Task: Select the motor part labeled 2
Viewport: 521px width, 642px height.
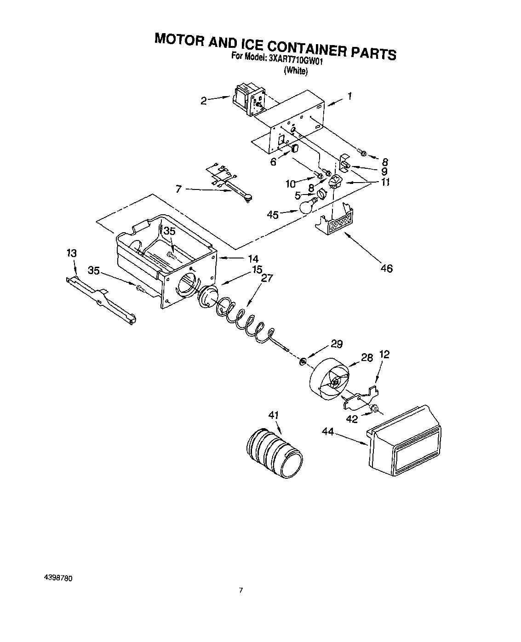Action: [x=248, y=100]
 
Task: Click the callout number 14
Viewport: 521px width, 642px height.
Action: [x=252, y=258]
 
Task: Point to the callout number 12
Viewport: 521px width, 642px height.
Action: [x=384, y=354]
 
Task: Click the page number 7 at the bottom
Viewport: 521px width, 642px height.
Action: [x=240, y=590]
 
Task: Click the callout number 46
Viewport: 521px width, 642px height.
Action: [x=386, y=269]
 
